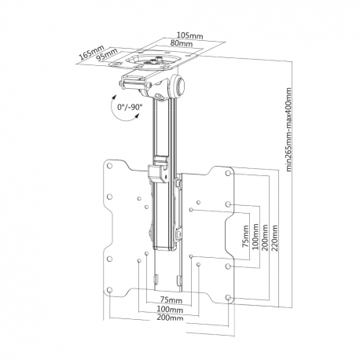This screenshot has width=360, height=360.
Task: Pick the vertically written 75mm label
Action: [x=246, y=233]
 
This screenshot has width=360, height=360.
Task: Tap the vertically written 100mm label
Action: [x=255, y=233]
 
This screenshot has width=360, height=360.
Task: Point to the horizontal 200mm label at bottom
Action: [x=170, y=318]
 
